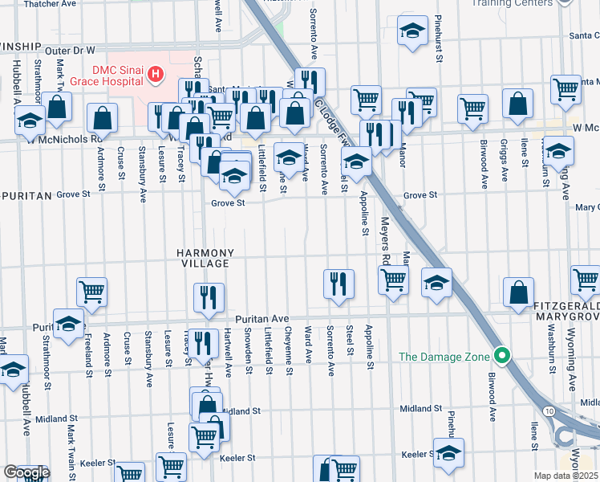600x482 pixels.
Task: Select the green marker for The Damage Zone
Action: point(502,355)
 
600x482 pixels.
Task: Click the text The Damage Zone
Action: point(450,356)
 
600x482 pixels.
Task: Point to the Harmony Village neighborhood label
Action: point(205,257)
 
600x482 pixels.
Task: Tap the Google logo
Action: point(26,472)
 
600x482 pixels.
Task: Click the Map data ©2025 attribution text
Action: point(566,476)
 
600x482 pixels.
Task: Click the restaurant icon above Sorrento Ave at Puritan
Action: point(339,284)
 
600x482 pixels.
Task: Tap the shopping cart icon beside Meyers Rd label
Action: point(393,280)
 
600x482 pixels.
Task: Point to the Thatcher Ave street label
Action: point(49,4)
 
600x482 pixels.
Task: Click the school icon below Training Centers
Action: point(412,32)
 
